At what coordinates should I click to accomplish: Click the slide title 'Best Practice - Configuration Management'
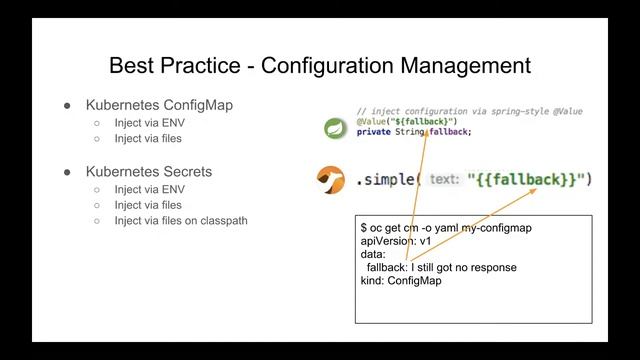(319, 67)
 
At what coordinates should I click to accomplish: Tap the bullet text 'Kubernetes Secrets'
(149, 171)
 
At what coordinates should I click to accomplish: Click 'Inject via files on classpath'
(181, 221)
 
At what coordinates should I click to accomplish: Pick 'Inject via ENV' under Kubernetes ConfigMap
(149, 123)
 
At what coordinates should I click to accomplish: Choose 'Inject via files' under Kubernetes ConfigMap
(149, 139)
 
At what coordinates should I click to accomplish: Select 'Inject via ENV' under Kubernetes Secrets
(149, 189)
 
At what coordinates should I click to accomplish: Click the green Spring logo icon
(334, 128)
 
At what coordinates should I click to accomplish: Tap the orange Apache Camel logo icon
(330, 180)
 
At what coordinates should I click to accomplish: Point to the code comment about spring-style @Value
(469, 111)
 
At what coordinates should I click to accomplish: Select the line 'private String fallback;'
(413, 131)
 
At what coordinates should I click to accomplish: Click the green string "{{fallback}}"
(530, 180)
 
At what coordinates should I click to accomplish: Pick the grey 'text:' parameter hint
(444, 180)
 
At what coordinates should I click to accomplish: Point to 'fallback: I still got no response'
(441, 268)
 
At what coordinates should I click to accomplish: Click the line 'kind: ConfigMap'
(401, 281)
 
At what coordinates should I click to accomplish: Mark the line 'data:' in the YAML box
(373, 255)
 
